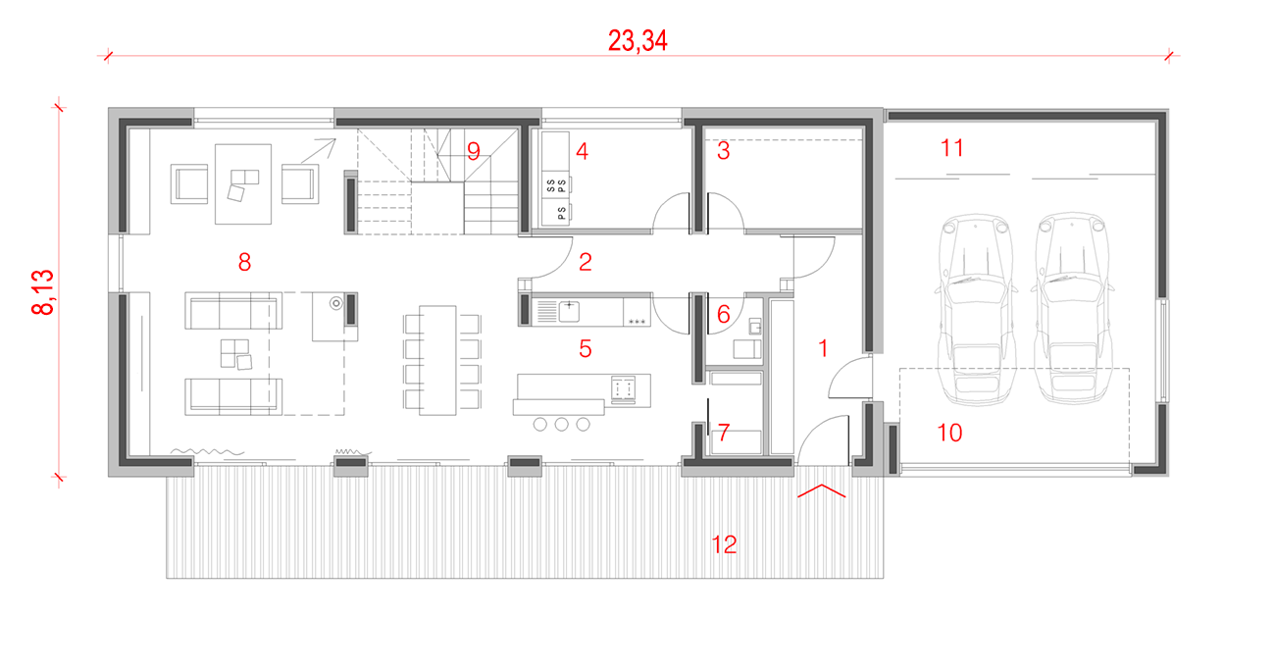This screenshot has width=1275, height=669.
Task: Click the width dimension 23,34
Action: [637, 41]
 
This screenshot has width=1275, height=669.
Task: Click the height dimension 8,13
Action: [43, 292]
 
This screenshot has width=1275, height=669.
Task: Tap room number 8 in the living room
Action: [245, 262]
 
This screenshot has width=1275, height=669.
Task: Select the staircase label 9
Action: [474, 151]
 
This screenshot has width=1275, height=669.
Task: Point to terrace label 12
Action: [724, 544]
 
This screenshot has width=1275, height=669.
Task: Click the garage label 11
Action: [951, 148]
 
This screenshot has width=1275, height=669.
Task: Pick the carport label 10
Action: [949, 433]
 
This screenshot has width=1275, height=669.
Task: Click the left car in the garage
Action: [976, 309]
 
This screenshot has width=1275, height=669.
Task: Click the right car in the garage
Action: [1072, 308]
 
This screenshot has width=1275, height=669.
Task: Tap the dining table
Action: [437, 360]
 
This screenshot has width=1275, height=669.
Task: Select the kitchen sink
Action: [569, 311]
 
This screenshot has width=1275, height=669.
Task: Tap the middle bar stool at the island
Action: [562, 424]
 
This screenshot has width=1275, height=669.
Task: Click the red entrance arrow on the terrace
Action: [821, 490]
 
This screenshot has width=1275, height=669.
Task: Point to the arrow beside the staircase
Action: [318, 151]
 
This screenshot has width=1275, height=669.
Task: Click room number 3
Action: [724, 151]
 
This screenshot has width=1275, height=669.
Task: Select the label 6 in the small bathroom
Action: [724, 314]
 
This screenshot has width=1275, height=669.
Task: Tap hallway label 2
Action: [586, 262]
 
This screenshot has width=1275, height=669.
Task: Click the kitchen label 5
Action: [586, 348]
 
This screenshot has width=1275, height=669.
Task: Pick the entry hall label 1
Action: [823, 348]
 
